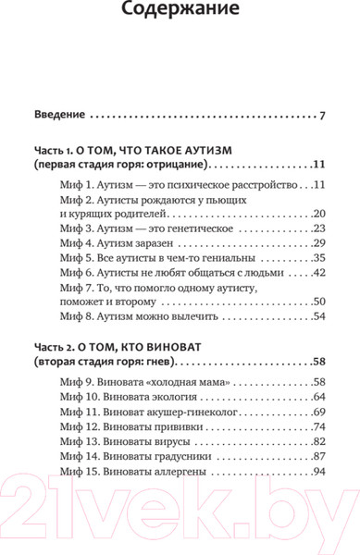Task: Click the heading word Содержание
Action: click(180, 15)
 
